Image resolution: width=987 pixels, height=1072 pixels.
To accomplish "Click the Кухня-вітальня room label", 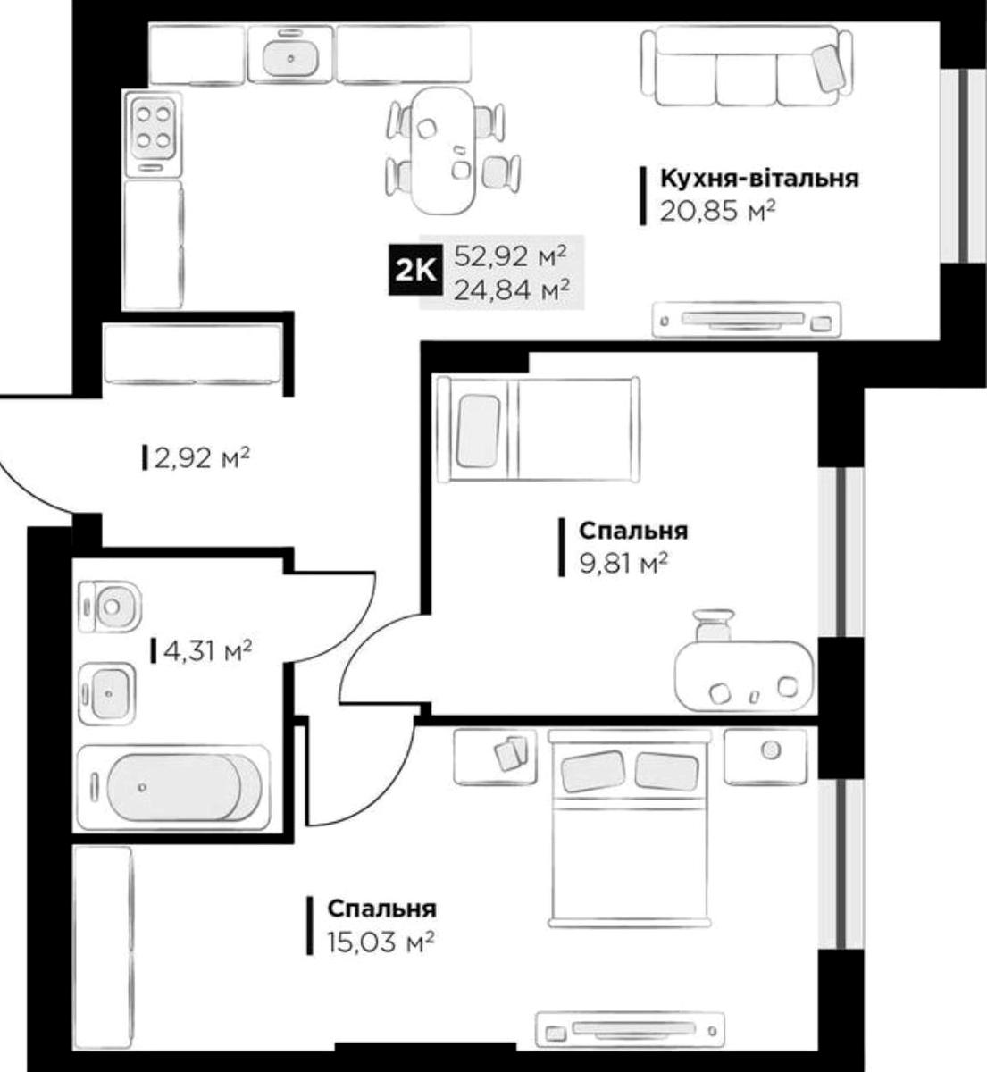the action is point(759,179).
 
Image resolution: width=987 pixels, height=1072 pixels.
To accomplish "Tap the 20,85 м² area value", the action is point(717,212).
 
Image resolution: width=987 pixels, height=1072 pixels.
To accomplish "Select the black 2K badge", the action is point(415,270).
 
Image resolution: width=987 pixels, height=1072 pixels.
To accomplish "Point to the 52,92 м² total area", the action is point(510,256).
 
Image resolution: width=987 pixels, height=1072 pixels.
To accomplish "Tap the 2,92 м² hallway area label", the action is point(202,458).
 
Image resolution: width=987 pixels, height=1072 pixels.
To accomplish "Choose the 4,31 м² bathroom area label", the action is point(208,651).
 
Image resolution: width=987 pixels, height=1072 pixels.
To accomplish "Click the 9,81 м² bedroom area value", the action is point(623,564).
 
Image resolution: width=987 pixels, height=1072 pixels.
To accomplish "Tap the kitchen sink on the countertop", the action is point(291,54).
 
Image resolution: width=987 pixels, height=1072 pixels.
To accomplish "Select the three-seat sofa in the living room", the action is point(747,67).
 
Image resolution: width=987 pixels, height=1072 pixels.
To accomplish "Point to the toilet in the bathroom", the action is point(110,607).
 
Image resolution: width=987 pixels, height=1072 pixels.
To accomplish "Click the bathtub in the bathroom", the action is point(173,787).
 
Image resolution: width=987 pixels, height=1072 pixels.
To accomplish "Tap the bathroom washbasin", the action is point(107,693).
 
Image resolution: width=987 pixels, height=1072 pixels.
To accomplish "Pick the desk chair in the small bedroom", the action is point(714,625).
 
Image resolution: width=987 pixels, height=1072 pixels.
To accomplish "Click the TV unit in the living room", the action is point(746,320).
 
